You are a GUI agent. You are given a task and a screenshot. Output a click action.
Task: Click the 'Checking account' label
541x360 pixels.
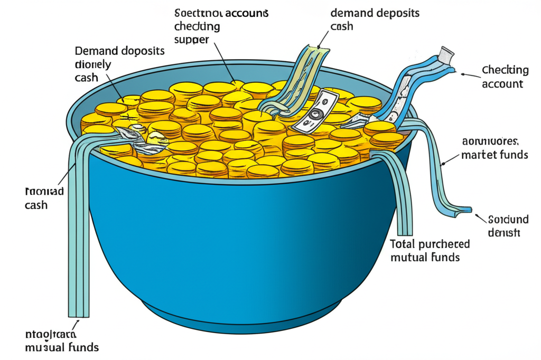pyautogui.click(x=505, y=77)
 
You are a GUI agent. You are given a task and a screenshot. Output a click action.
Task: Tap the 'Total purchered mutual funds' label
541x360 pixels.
pyautogui.click(x=430, y=251)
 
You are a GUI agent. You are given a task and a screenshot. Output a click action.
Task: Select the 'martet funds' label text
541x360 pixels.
pyautogui.click(x=495, y=155)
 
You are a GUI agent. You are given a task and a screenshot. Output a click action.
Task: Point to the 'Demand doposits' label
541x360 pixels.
pyautogui.click(x=120, y=51)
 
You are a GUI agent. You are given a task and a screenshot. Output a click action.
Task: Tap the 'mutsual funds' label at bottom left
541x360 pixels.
pyautogui.click(x=62, y=347)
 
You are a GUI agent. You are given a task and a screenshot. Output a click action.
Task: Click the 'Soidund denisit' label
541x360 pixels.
pyautogui.click(x=504, y=225)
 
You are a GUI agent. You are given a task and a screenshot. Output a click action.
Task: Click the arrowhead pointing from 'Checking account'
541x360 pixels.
pyautogui.click(x=463, y=74)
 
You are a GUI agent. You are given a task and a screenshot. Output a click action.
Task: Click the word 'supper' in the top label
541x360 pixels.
pyautogui.click(x=192, y=40)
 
